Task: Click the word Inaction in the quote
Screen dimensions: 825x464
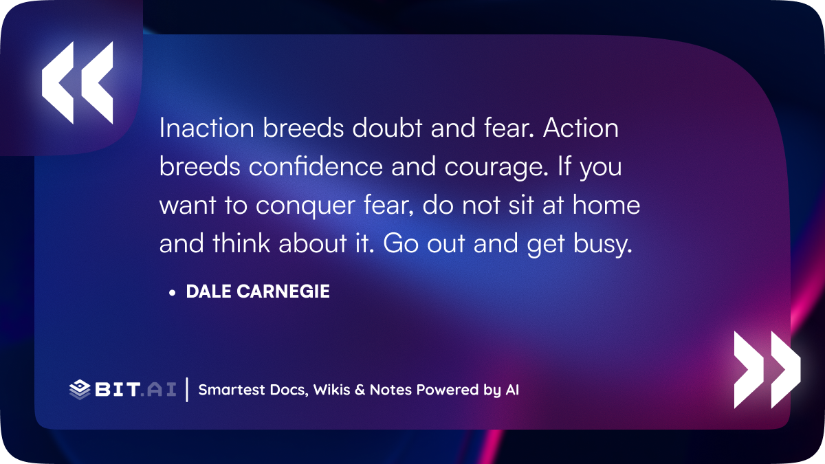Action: pos(207,128)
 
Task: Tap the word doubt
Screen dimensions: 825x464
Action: pos(387,128)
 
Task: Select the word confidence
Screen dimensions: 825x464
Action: pos(316,166)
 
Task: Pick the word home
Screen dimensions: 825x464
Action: pos(606,205)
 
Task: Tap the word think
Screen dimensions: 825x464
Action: pos(241,243)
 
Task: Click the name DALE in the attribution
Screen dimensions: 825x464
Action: pos(209,291)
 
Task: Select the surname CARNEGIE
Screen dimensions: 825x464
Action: pos(283,291)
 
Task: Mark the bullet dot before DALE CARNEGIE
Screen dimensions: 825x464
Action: pos(172,293)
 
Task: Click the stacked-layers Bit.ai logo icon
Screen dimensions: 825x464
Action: pos(80,390)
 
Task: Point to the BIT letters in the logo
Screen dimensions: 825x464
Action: pos(118,389)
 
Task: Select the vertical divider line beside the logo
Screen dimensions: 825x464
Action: pos(187,390)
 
